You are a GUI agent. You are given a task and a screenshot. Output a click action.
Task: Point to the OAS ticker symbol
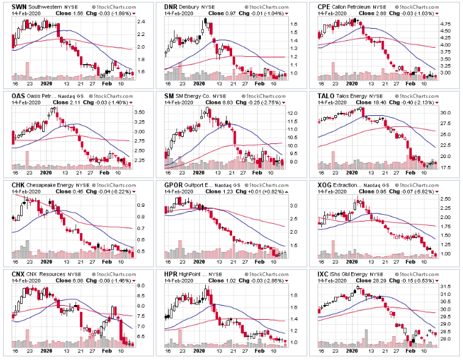click(x=19, y=96)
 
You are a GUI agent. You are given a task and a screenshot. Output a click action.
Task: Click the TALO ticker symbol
click(x=327, y=96)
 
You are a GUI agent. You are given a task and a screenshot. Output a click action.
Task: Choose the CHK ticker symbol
click(x=19, y=185)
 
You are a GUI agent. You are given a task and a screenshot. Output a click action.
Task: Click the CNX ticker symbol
click(x=19, y=275)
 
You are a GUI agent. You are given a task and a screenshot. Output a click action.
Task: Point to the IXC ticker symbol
click(x=324, y=275)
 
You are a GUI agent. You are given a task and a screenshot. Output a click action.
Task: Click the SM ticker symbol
click(x=170, y=96)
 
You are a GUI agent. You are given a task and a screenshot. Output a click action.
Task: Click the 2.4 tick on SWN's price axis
click(x=142, y=22)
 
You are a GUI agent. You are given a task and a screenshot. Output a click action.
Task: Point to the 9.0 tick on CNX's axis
click(x=140, y=286)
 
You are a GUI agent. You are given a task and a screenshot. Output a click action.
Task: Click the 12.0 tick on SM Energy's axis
click(x=294, y=113)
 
